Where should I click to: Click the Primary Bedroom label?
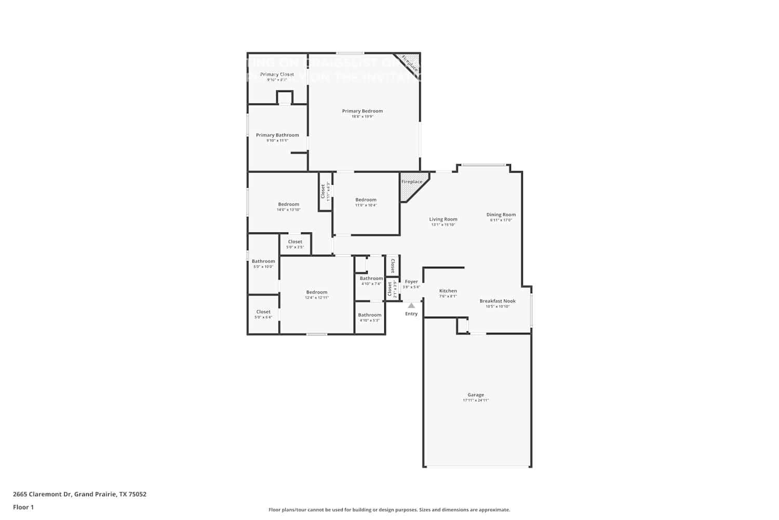(x=362, y=111)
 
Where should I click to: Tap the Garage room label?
(x=475, y=395)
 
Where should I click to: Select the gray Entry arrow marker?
(x=411, y=306)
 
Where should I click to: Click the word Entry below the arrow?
(x=411, y=314)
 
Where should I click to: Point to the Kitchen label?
(x=448, y=291)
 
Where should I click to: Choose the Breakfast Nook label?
(x=498, y=301)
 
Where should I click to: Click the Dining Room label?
(x=501, y=214)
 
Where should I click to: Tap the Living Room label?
(x=443, y=219)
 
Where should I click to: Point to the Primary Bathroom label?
(x=277, y=135)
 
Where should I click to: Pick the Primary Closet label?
(x=277, y=74)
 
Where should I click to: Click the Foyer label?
(x=411, y=282)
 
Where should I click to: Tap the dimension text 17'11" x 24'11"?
(x=475, y=400)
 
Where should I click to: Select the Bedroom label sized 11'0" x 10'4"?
(x=366, y=200)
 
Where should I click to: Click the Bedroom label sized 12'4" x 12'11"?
(x=316, y=292)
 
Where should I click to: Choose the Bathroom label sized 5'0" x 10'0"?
(x=263, y=261)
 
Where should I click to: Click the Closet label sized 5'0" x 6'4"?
(x=263, y=312)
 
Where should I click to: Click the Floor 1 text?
(x=23, y=507)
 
